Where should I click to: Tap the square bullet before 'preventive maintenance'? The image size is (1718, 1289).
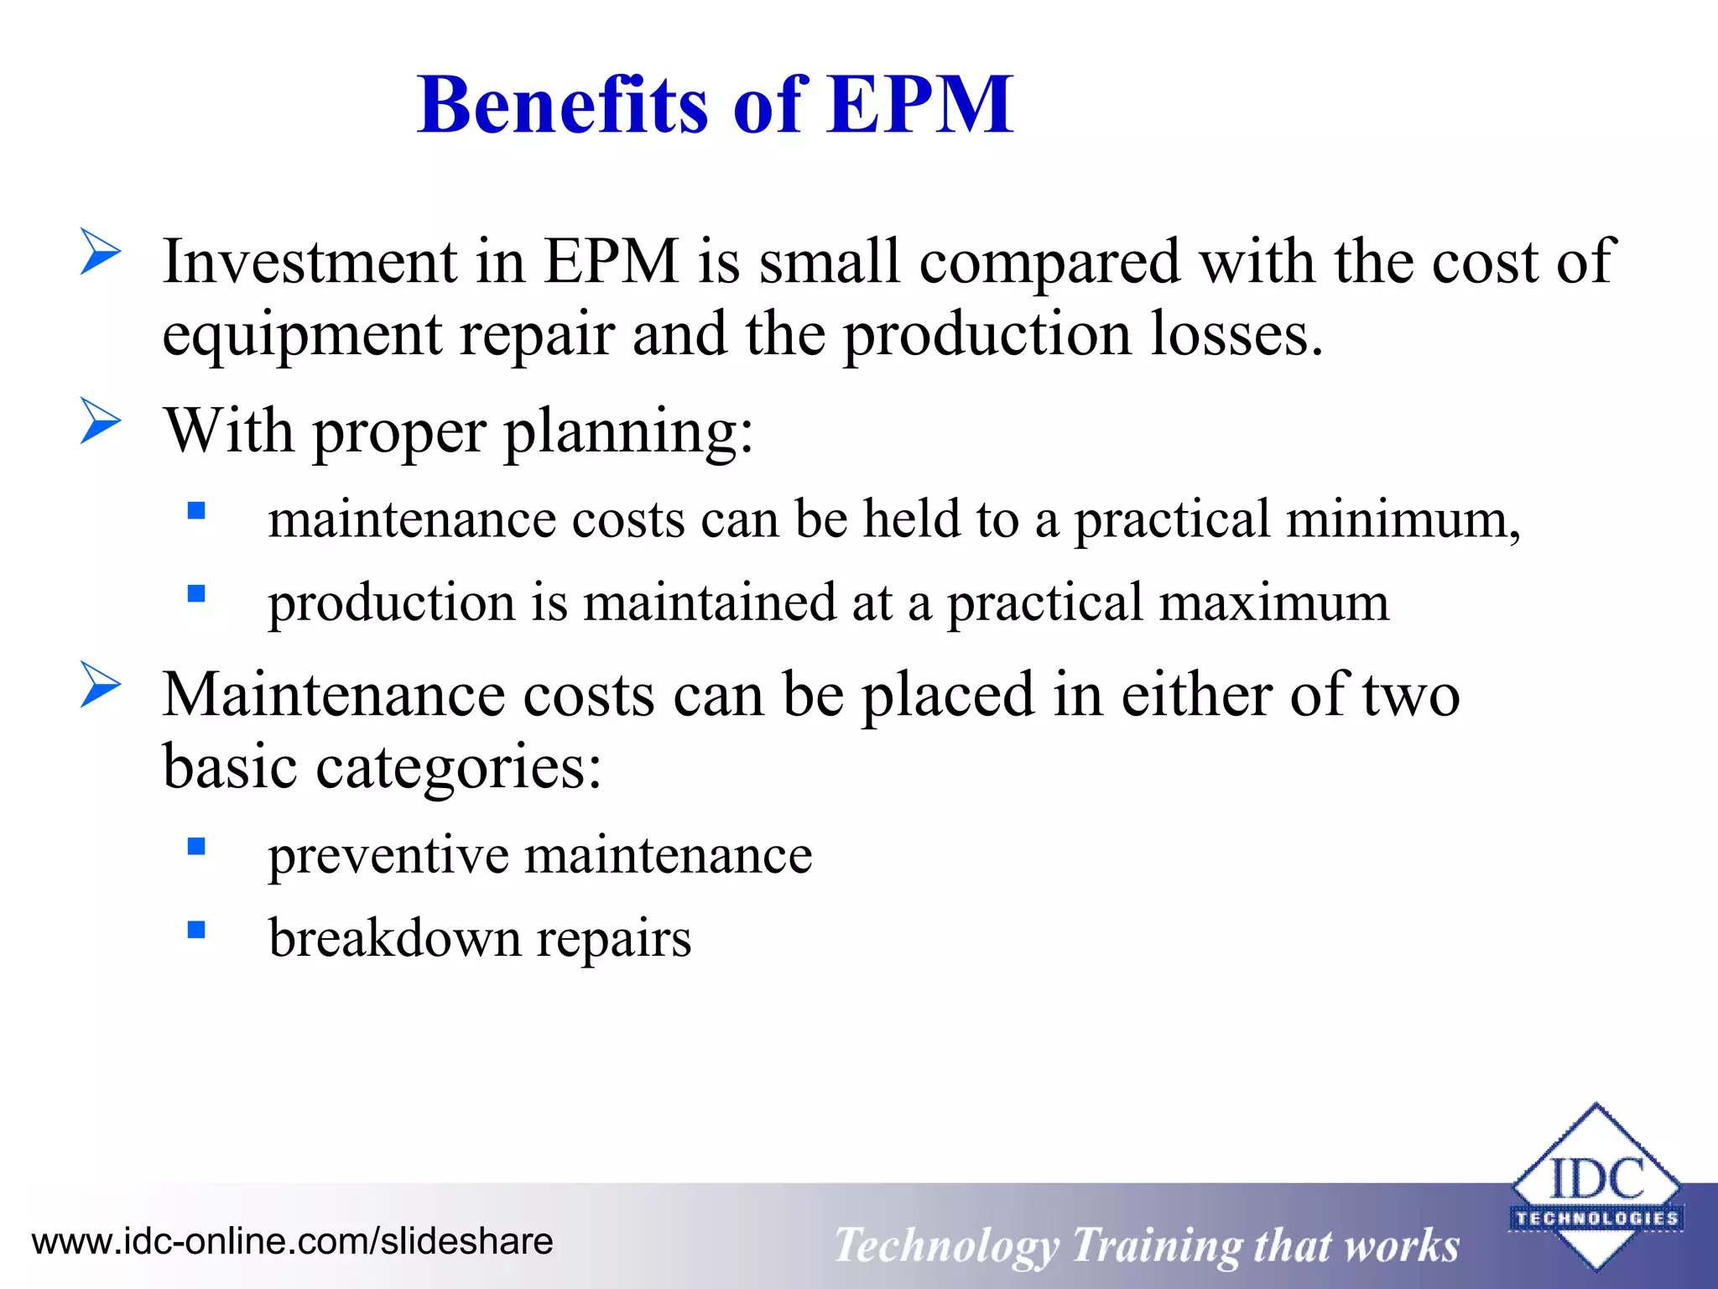[x=197, y=846]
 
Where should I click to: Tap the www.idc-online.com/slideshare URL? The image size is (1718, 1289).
[x=292, y=1241]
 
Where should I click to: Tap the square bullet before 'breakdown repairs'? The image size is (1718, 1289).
[x=197, y=929]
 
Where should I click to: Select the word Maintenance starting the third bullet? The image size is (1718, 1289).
[x=333, y=695]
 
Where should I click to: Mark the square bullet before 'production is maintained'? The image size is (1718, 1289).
[x=197, y=594]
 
